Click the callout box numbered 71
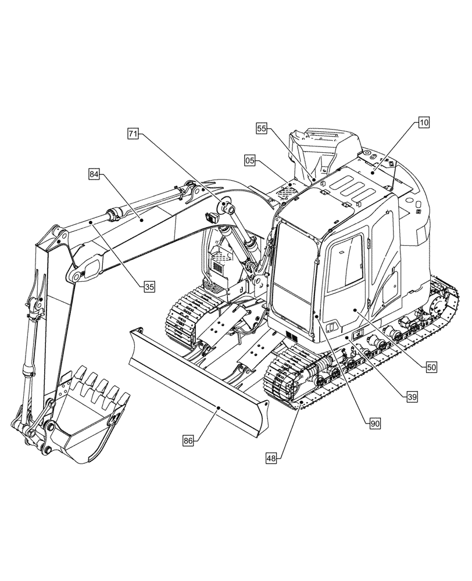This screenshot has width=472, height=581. click(x=134, y=134)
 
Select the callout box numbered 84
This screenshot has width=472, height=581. click(x=95, y=173)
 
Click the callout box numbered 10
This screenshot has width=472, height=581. click(x=423, y=123)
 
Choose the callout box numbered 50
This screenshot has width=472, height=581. click(x=431, y=367)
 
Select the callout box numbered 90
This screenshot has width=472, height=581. click(x=375, y=424)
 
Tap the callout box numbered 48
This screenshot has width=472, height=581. click(x=271, y=458)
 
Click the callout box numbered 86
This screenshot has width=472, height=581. click(x=188, y=441)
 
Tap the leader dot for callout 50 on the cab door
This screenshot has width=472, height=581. click(x=353, y=311)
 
